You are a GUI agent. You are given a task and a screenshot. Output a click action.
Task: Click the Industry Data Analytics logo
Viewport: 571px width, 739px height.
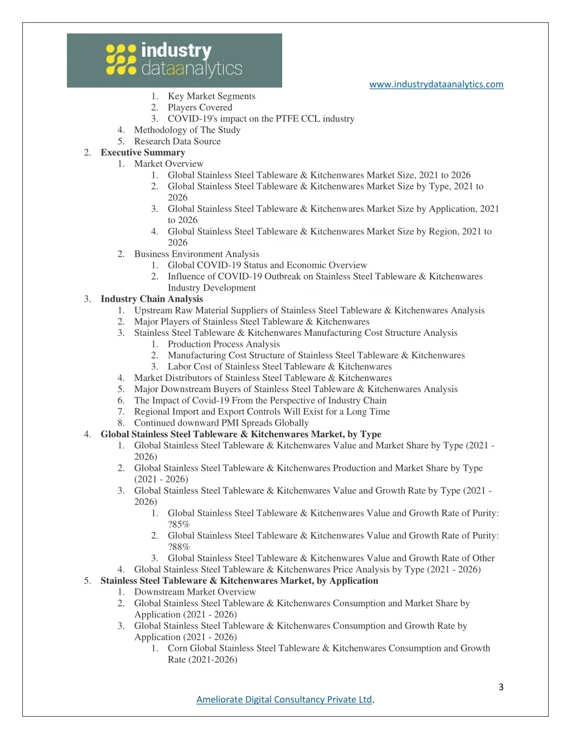174,60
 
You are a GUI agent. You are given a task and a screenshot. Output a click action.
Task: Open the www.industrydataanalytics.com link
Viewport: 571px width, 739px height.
436,84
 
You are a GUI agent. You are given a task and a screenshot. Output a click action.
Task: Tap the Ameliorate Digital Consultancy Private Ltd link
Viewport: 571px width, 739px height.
284,699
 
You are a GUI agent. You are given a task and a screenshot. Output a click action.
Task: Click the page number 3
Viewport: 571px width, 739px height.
501,687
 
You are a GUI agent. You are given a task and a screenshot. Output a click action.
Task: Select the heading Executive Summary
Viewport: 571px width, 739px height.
143,152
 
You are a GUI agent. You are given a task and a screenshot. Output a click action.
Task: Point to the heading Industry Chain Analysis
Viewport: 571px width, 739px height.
152,299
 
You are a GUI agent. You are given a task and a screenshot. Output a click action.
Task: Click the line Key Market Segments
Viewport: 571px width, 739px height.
211,96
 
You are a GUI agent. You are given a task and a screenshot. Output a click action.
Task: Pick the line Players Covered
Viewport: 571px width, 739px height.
200,107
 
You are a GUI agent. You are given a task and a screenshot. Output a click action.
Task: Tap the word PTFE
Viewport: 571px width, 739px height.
287,119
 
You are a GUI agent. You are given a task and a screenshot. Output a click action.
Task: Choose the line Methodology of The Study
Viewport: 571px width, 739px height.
187,130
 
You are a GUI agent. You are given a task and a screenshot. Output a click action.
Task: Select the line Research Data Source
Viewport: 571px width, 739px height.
177,141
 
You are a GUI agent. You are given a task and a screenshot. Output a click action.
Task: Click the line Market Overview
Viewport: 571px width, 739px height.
168,163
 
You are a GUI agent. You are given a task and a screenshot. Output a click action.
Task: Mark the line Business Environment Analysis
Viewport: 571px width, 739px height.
196,254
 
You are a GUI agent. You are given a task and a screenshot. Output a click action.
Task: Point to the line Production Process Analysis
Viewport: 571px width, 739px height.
224,344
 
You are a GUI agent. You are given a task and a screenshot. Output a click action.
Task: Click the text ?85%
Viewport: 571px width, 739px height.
179,524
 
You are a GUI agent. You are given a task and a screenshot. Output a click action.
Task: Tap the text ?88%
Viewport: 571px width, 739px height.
179,547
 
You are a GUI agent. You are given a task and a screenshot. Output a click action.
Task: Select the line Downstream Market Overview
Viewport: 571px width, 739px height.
195,592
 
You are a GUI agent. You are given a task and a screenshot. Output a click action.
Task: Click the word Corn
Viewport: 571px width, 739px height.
177,648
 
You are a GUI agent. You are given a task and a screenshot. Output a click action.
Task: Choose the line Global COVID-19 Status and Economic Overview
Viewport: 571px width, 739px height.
267,265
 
